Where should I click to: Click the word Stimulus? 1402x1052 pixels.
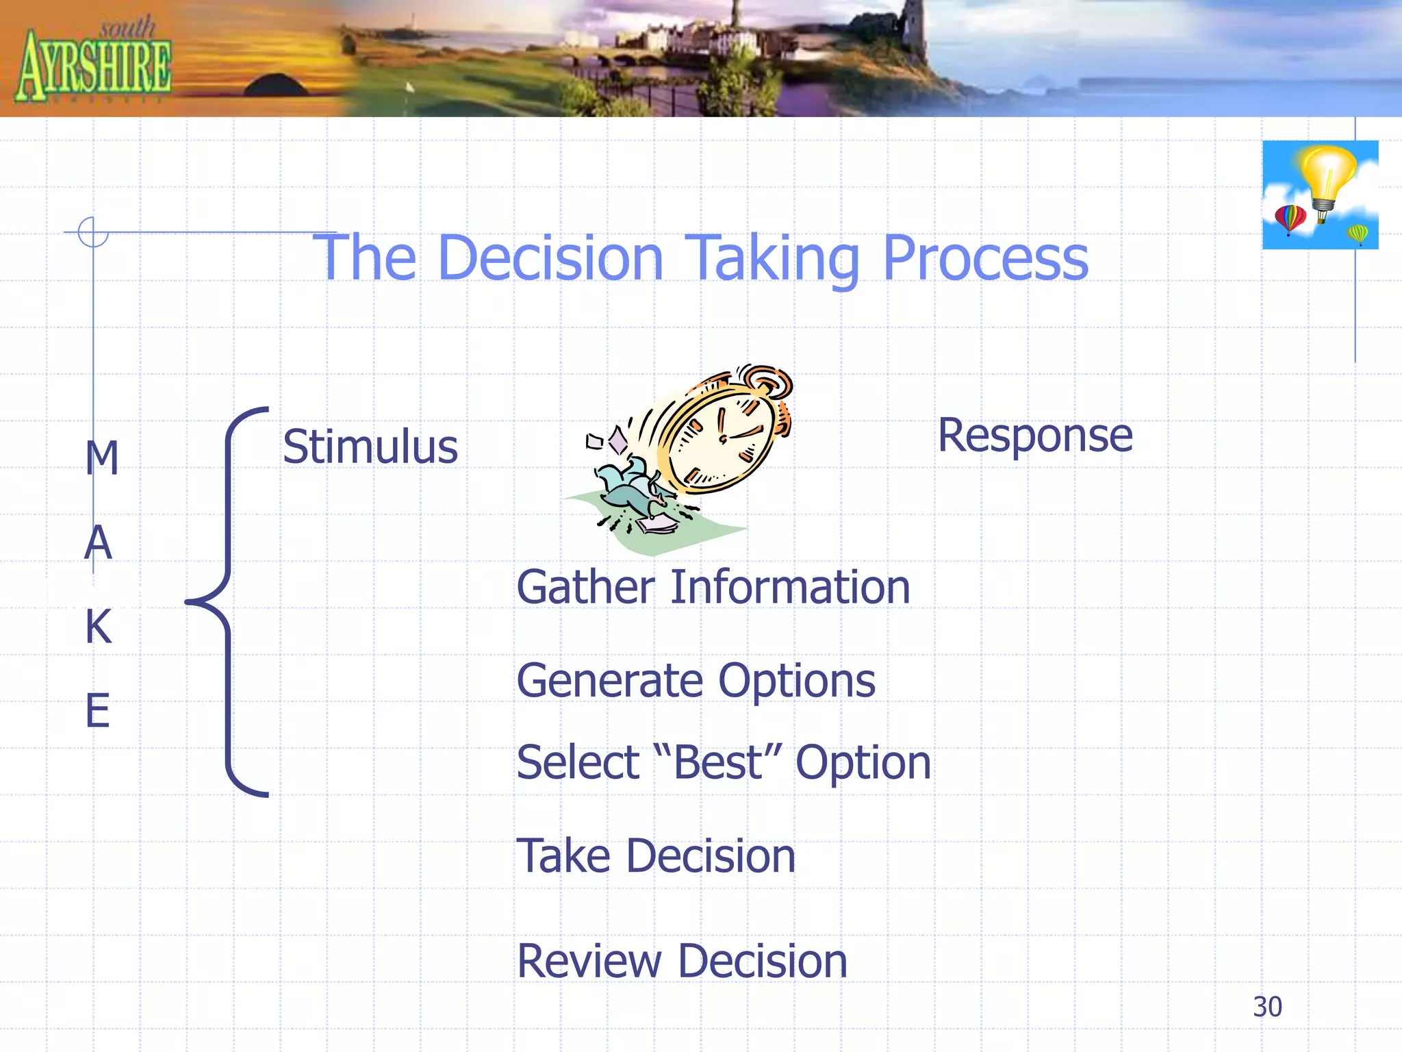pyautogui.click(x=370, y=447)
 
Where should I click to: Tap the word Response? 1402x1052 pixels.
pyautogui.click(x=1034, y=436)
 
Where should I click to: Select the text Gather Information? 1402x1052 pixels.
pyautogui.click(x=713, y=588)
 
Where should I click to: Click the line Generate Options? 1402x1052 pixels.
pyautogui.click(x=696, y=681)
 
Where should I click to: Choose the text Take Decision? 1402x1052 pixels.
pyautogui.click(x=656, y=856)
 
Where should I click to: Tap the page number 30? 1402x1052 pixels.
pyautogui.click(x=1267, y=1007)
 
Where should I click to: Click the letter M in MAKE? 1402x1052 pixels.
pyautogui.click(x=102, y=458)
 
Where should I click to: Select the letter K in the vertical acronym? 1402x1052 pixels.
pyautogui.click(x=99, y=627)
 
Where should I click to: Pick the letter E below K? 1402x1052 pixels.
pyautogui.click(x=97, y=711)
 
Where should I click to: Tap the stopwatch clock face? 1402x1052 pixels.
pyautogui.click(x=720, y=438)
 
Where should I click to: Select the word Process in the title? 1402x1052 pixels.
pyautogui.click(x=985, y=259)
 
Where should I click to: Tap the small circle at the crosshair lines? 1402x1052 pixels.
pyautogui.click(x=93, y=231)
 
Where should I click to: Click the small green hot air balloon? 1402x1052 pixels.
pyautogui.click(x=1358, y=234)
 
